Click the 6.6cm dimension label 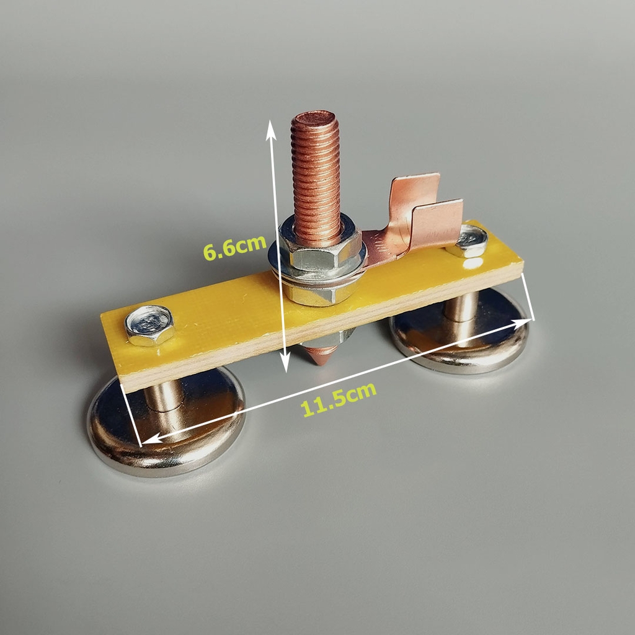pyautogui.click(x=234, y=247)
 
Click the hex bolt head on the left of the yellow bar pyautogui.click(x=149, y=325)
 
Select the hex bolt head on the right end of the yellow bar pyautogui.click(x=469, y=241)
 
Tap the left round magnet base pyautogui.click(x=166, y=421)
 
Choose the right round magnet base pyautogui.click(x=460, y=330)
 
